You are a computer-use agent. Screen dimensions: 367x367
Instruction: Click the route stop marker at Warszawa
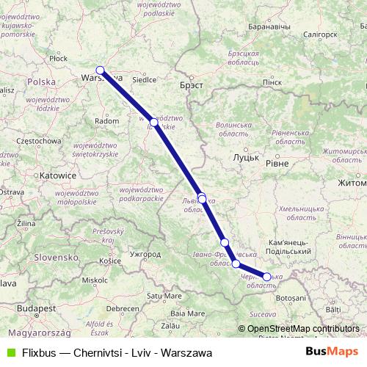tap(100, 71)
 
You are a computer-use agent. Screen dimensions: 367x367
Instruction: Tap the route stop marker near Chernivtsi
tap(267, 277)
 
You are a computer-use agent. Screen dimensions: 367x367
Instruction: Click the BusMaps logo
tap(332, 352)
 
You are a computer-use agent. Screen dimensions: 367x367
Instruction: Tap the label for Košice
tap(110, 260)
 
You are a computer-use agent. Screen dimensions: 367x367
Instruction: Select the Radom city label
tap(106, 120)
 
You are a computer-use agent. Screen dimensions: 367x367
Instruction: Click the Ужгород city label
tap(144, 254)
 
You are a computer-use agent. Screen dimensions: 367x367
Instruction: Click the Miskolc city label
tap(94, 280)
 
